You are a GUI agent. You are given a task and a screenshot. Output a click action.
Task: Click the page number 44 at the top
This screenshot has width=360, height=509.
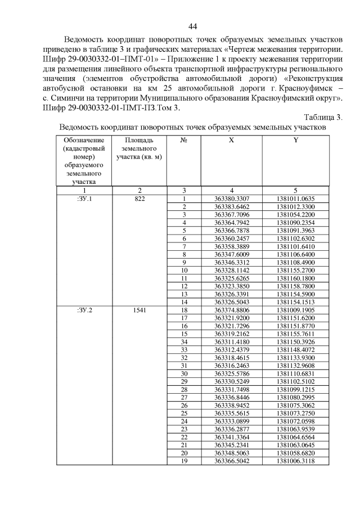[192, 26]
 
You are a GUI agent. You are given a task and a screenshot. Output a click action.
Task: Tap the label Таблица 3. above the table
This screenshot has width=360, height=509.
[323, 117]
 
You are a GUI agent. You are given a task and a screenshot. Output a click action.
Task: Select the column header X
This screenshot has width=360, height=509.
[231, 140]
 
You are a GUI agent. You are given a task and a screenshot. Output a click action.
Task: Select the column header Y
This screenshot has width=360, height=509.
[295, 140]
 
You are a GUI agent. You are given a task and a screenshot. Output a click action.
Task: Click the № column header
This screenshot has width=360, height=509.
[183, 140]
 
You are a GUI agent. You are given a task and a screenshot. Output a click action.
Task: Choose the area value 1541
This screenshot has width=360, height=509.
[139, 310]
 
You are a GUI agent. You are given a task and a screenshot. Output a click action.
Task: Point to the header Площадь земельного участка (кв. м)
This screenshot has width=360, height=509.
[139, 148]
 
